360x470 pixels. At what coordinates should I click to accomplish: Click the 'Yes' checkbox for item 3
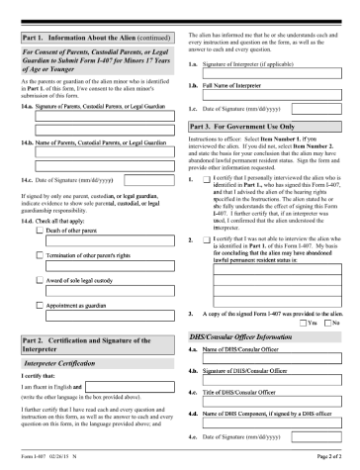(x=301, y=323)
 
